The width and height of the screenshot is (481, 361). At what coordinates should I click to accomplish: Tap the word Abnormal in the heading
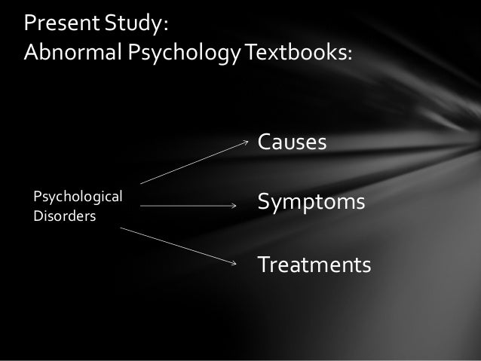point(62,54)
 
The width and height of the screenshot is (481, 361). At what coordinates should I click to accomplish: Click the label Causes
point(292,142)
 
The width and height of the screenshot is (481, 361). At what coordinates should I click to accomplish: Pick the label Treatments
point(314,265)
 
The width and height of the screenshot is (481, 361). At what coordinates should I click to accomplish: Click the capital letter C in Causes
point(265,142)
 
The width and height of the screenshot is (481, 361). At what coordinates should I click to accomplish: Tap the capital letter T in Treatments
point(264,265)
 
